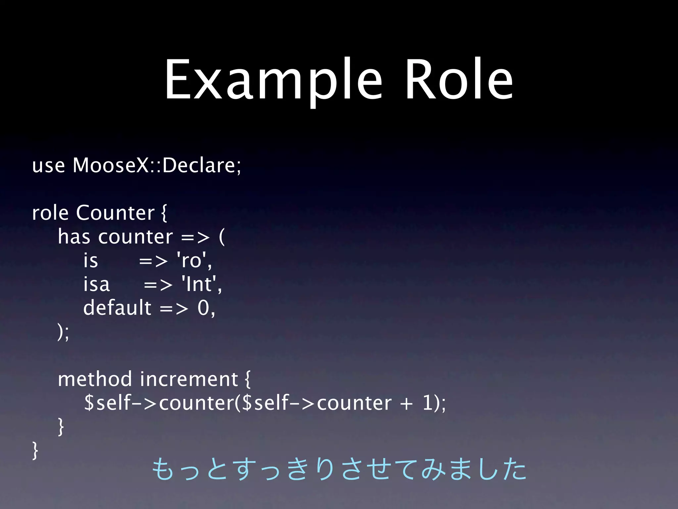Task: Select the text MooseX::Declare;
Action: pos(157,165)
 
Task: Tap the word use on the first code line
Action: pos(48,166)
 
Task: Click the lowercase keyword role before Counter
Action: pos(50,213)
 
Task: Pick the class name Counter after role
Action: pos(115,213)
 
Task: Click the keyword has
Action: pos(74,237)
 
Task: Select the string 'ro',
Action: pos(195,260)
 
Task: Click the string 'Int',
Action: pos(202,284)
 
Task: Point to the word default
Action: pos(117,308)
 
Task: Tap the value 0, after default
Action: pos(206,308)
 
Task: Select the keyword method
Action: pos(95,379)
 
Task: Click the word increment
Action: pos(189,379)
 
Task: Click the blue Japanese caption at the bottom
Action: pos(338,469)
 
